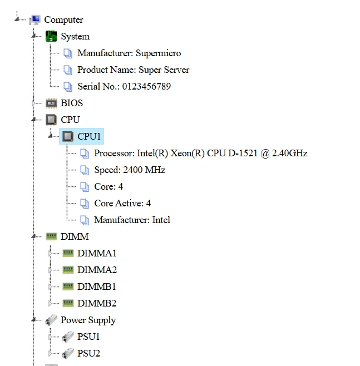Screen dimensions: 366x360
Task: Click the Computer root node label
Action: point(63,20)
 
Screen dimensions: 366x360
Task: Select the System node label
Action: point(75,37)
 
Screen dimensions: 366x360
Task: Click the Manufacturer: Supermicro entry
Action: point(129,53)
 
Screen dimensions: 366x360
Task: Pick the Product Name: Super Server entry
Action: point(133,70)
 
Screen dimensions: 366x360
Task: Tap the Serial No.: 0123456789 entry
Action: point(124,87)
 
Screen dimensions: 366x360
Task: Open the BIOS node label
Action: point(71,103)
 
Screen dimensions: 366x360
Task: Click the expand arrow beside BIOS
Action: point(34,103)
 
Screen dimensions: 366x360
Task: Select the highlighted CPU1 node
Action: point(89,137)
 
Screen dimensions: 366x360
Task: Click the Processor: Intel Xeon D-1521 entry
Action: point(200,154)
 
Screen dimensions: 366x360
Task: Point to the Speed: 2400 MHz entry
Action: point(129,170)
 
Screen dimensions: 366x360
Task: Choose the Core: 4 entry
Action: point(109,187)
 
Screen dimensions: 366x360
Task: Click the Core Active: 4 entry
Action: point(122,204)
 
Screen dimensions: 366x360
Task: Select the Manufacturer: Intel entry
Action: point(132,220)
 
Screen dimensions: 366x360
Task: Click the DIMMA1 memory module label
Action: point(97,254)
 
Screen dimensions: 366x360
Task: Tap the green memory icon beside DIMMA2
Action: point(68,270)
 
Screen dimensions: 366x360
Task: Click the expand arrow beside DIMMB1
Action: point(51,287)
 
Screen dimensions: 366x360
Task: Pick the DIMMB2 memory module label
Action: point(97,304)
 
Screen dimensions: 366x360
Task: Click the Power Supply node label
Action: point(88,320)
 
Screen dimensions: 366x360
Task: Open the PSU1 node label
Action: point(88,337)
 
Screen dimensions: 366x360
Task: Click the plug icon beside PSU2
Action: point(68,354)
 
